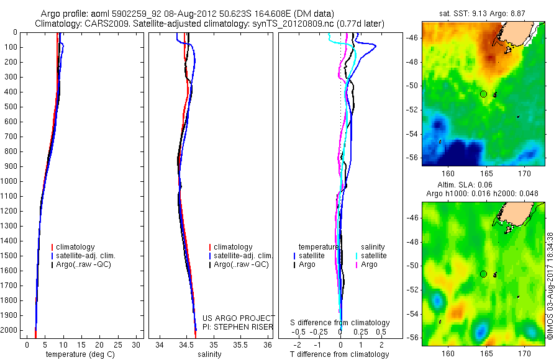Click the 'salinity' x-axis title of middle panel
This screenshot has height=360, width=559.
tap(209, 354)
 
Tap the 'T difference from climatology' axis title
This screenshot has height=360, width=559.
tap(339, 354)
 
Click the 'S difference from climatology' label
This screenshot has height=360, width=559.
tap(340, 323)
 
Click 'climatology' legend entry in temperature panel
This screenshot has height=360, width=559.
tap(77, 247)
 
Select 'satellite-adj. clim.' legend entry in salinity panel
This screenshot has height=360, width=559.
tap(243, 256)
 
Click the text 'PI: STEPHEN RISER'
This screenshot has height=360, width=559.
tap(239, 325)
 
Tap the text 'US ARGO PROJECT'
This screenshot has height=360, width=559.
tap(239, 318)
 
